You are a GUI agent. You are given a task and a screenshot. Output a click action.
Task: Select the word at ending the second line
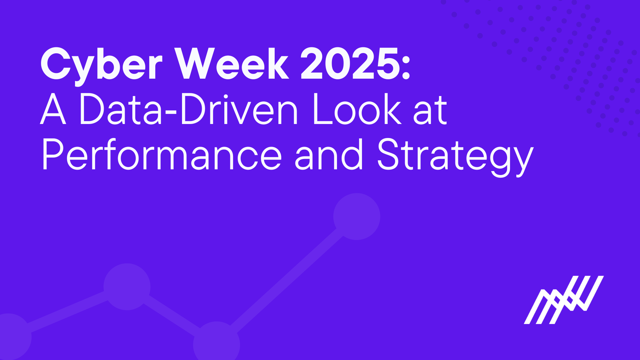click(x=430, y=110)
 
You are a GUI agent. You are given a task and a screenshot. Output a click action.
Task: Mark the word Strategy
click(x=455, y=157)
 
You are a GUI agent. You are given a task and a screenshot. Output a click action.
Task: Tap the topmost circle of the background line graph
click(x=357, y=216)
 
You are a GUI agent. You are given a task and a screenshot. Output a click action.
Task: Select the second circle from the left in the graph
click(x=127, y=287)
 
